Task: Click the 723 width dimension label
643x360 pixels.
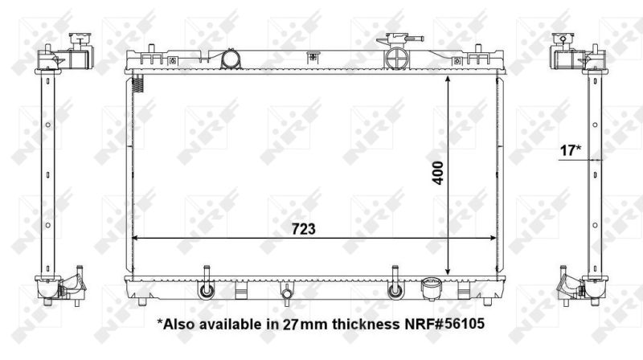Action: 304,229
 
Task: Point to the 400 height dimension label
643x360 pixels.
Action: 437,173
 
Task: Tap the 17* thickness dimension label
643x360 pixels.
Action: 571,150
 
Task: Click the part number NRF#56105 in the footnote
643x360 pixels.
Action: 444,324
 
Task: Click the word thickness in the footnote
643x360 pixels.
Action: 366,324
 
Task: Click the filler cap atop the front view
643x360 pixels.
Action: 399,39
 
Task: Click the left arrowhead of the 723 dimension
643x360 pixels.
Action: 135,238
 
